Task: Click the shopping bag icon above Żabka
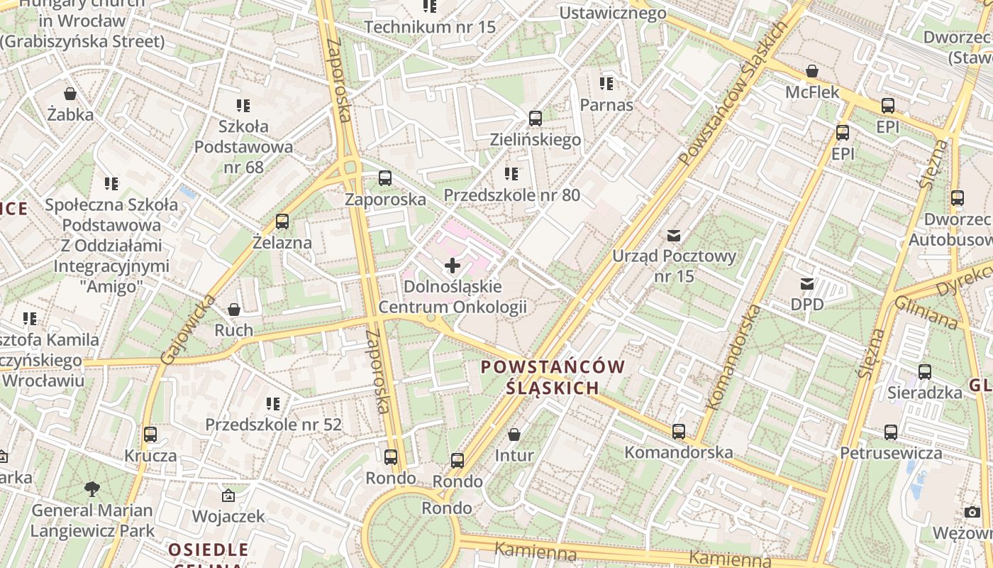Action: pos(70,94)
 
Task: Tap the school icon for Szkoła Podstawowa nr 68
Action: pos(243,106)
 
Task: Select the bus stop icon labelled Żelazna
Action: pos(282,222)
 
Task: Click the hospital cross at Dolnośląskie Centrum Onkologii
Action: pos(452,266)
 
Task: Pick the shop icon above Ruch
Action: pos(234,310)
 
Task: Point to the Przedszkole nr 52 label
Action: pos(273,425)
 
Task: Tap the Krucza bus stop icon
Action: pos(150,435)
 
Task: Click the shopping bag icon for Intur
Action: pos(514,434)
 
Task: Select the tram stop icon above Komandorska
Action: pos(679,431)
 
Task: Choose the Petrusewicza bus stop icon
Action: pos(891,432)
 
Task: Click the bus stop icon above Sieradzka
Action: pos(925,371)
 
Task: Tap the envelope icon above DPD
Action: pos(807,284)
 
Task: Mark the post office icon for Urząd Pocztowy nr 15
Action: pos(674,235)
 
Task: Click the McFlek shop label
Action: pos(812,92)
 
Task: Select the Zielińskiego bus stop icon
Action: pos(536,119)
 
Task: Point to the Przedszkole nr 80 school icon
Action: pos(511,174)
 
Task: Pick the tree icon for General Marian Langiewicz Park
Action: pos(91,488)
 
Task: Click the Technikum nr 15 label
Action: pos(430,27)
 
